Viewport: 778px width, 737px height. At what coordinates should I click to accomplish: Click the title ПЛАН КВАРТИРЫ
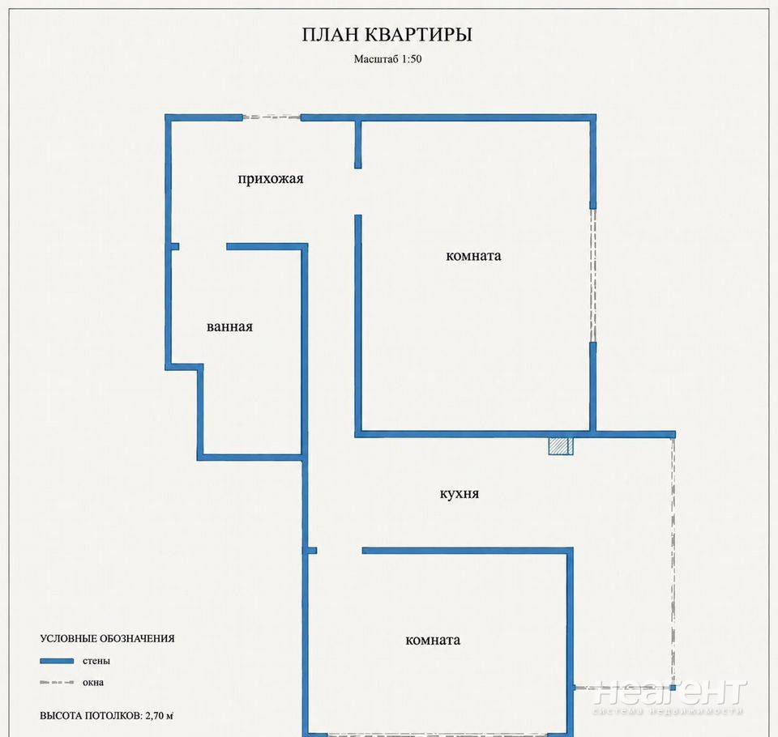pyautogui.click(x=387, y=35)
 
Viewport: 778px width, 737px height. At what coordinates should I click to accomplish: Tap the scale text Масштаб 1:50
pyautogui.click(x=387, y=59)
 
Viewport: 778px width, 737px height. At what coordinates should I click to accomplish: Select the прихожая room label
pyautogui.click(x=271, y=178)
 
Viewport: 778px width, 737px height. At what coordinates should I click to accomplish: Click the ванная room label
pyautogui.click(x=229, y=326)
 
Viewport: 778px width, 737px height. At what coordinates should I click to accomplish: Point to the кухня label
pyautogui.click(x=460, y=494)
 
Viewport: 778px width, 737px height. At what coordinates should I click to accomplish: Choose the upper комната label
pyautogui.click(x=473, y=256)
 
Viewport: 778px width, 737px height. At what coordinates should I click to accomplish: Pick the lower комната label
pyautogui.click(x=433, y=641)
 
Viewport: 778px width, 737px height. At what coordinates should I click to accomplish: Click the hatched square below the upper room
pyautogui.click(x=561, y=446)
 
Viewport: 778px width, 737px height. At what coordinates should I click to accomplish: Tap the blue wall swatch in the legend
pyautogui.click(x=57, y=661)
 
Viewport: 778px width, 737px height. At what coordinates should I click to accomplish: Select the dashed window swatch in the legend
pyautogui.click(x=57, y=683)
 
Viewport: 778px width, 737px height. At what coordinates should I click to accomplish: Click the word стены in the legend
pyautogui.click(x=96, y=661)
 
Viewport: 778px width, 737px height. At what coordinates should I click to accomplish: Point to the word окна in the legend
pyautogui.click(x=93, y=683)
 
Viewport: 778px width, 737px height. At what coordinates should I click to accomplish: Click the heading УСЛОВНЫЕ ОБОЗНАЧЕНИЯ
pyautogui.click(x=107, y=639)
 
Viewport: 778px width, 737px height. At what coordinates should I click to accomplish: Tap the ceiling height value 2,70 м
pyautogui.click(x=160, y=716)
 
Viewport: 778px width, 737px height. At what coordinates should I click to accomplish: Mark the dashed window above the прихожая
pyautogui.click(x=271, y=117)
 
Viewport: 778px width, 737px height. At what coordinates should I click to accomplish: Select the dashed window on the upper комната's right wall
pyautogui.click(x=593, y=275)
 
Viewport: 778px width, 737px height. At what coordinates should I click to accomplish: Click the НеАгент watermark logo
pyautogui.click(x=669, y=696)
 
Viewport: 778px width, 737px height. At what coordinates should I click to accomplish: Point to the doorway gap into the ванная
pyautogui.click(x=203, y=246)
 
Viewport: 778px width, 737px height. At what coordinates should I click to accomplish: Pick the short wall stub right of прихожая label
pyautogui.click(x=357, y=144)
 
